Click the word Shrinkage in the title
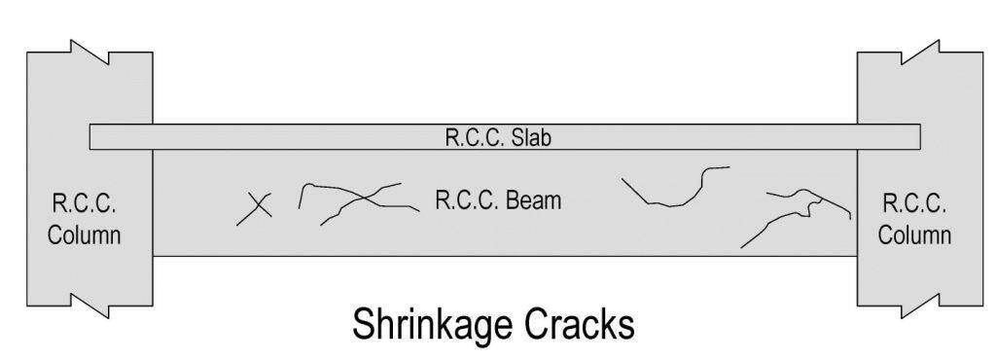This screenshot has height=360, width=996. tap(437, 324)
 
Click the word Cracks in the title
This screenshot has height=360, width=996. tap(579, 324)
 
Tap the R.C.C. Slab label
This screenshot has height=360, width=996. tap(498, 137)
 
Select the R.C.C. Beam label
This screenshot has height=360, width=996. tap(498, 201)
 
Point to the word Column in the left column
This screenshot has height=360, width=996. tap(87, 234)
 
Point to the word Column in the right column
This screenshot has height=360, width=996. tap(914, 234)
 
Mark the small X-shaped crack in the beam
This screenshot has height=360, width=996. tap(255, 207)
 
